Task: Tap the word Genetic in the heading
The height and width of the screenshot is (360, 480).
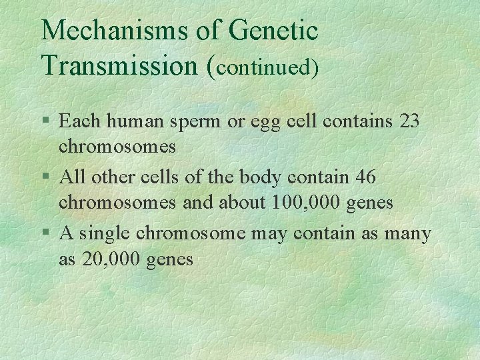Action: coord(273,31)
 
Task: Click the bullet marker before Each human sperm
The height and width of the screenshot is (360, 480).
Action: coord(45,121)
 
